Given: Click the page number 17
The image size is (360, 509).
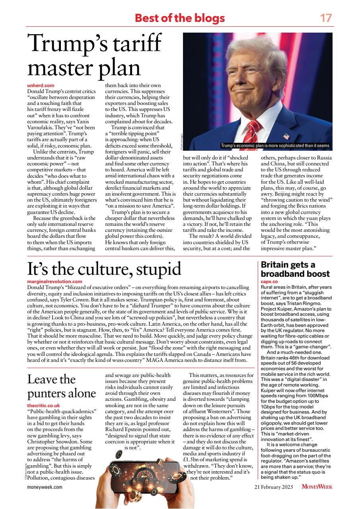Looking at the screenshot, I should pyautogui.click(x=326, y=18).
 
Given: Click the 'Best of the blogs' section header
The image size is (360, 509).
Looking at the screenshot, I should pyautogui.click(x=180, y=18).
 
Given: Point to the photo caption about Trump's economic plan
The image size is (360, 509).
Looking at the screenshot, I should pyautogui.click(x=275, y=146).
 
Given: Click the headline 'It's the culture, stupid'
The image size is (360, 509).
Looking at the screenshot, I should pyautogui.click(x=104, y=269).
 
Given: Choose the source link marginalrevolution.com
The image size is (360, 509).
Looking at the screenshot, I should pyautogui.click(x=54, y=282).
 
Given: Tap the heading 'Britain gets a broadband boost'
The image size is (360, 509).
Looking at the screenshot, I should pyautogui.click(x=295, y=269).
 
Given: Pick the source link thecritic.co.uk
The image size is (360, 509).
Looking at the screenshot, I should pyautogui.click(x=43, y=405).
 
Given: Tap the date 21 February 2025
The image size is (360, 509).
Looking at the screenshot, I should pyautogui.click(x=276, y=486).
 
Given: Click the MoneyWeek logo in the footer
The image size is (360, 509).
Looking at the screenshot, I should pyautogui.click(x=317, y=486).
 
